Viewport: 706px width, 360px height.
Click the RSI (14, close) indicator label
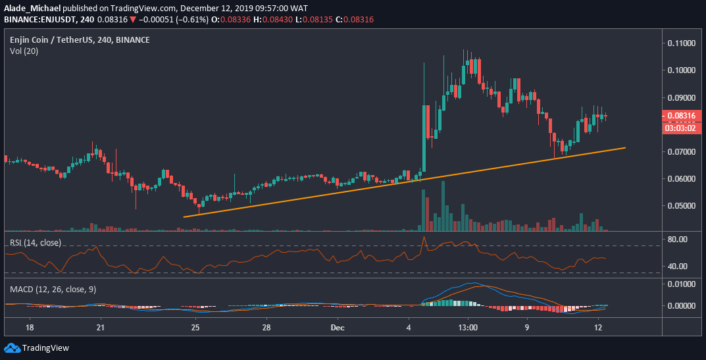coord(35,242)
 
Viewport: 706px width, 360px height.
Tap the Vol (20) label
coord(23,51)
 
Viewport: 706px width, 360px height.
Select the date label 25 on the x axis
coord(195,327)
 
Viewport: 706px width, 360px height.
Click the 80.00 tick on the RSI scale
coord(677,239)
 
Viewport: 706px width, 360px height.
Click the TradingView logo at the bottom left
coord(38,347)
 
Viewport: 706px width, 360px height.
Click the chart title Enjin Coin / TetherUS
coord(56,40)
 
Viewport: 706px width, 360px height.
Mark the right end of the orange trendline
coord(624,148)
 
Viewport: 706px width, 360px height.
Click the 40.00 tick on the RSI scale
coord(677,267)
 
